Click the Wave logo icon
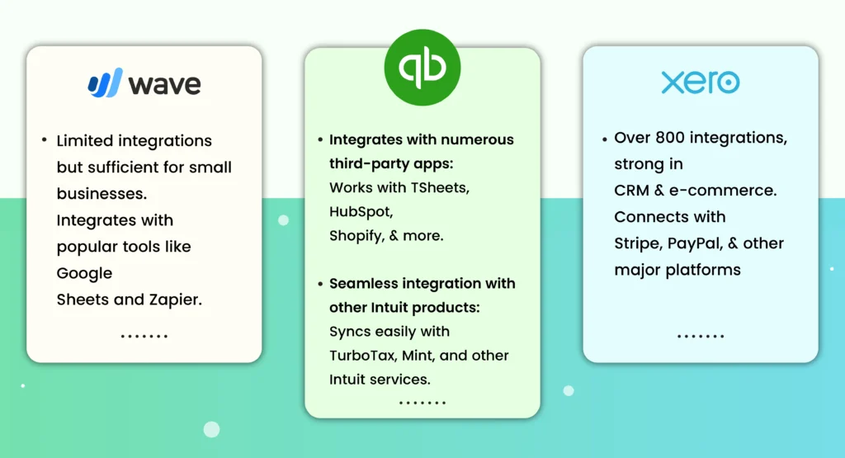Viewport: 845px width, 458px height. coord(105,83)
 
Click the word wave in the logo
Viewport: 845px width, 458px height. coord(165,83)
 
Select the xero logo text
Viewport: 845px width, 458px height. coord(700,83)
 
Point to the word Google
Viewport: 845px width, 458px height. coord(84,273)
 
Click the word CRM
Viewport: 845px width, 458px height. coord(632,191)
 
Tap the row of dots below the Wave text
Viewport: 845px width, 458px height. coord(144,336)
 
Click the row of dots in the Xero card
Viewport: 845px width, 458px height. coord(701,336)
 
